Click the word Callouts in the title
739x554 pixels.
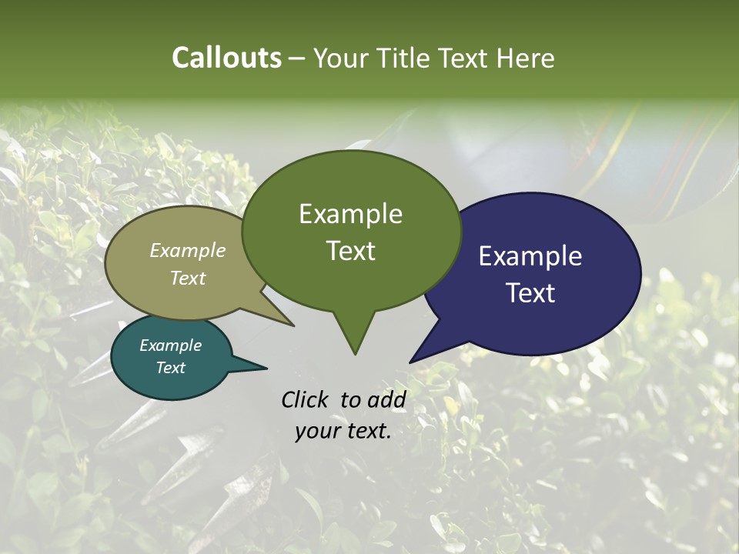tap(226, 58)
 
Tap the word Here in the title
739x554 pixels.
tap(525, 58)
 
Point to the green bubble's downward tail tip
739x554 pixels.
tap(355, 352)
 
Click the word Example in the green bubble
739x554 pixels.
tap(350, 214)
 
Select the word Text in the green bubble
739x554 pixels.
tap(350, 251)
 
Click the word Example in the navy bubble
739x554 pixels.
tap(530, 256)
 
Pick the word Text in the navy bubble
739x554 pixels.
tap(530, 293)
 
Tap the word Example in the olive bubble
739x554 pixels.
tap(188, 250)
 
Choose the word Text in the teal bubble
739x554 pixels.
tap(171, 368)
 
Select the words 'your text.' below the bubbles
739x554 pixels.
tap(343, 432)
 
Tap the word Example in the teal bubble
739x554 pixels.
tap(171, 345)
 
